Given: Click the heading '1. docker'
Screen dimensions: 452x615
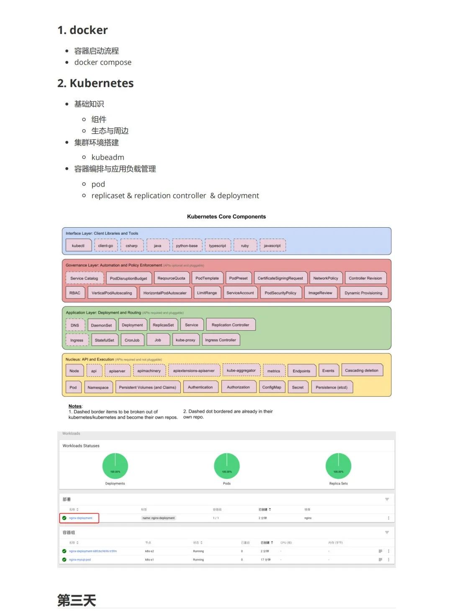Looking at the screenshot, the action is [82, 30].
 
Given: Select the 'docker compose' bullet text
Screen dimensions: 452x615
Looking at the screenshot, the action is [103, 62].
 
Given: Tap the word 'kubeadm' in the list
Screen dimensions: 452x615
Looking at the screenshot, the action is [108, 157].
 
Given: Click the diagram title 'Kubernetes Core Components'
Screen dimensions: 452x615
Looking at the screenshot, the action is [226, 217].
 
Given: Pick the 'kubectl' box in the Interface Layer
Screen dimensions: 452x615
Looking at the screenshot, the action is [78, 246].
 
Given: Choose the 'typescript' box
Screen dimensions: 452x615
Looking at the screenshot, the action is [218, 246].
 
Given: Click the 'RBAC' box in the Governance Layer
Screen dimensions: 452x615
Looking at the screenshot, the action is [75, 293].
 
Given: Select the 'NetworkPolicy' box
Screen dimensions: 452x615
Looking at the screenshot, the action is [326, 278].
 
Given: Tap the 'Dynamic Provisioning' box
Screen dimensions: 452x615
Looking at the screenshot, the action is [363, 293].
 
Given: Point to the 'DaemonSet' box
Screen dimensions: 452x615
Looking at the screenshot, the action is [101, 325].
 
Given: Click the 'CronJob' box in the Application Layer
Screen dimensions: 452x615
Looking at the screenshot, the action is [132, 340].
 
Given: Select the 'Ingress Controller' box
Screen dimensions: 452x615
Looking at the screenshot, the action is [221, 340].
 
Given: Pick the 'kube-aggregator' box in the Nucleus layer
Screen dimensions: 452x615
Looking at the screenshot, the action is [241, 371].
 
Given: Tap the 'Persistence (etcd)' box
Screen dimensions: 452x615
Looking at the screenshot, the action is [331, 387].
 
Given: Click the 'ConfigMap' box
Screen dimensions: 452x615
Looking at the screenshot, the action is [272, 387].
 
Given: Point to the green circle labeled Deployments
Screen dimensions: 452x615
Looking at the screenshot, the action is [115, 466].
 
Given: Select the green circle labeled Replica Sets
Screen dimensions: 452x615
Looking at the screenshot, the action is [338, 466].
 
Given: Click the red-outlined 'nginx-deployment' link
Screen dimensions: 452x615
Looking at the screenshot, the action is [81, 518].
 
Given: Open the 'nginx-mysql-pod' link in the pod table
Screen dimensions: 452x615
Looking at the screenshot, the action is [80, 560].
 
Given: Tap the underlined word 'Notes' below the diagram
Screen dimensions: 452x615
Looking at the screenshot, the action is [75, 406].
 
